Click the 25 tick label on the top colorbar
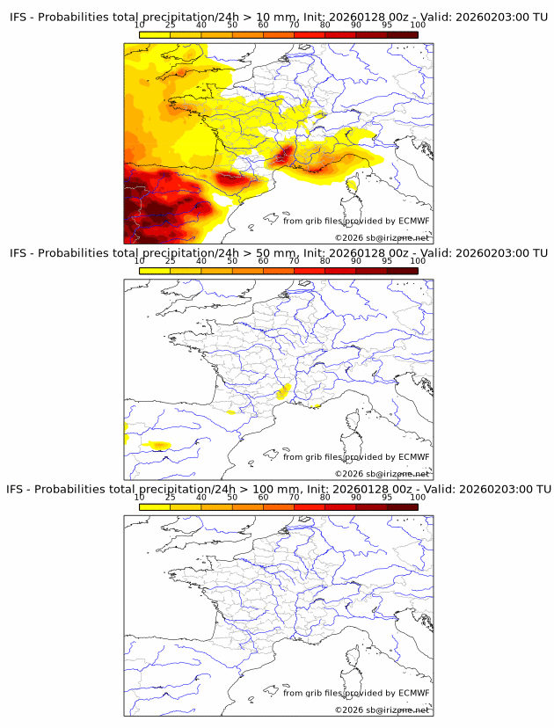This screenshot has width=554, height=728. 170,26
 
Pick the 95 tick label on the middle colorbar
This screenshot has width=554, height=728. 387,261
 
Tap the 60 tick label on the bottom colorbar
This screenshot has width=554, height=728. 263,498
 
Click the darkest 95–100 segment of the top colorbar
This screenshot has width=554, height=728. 402,35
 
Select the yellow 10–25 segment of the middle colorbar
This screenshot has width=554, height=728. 155,271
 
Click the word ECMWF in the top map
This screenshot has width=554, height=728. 413,222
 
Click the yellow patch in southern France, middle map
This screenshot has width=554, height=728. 283,391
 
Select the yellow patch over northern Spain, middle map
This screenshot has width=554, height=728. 158,445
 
